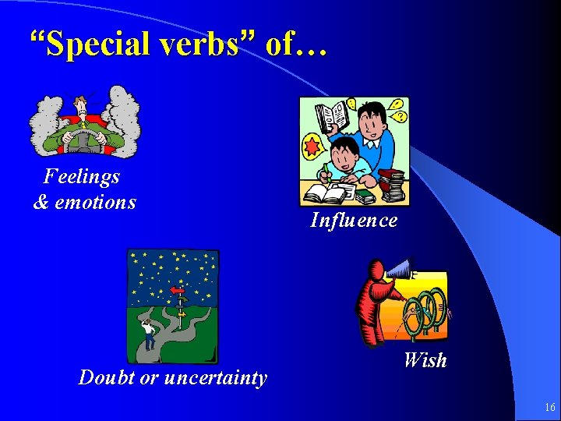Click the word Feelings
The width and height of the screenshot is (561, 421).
pos(82,176)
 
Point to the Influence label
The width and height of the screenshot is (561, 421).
pos(354,221)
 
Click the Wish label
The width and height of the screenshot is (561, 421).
pos(425,360)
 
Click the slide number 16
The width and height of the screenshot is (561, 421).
pos(549,407)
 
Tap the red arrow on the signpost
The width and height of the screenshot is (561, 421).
pos(178,291)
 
